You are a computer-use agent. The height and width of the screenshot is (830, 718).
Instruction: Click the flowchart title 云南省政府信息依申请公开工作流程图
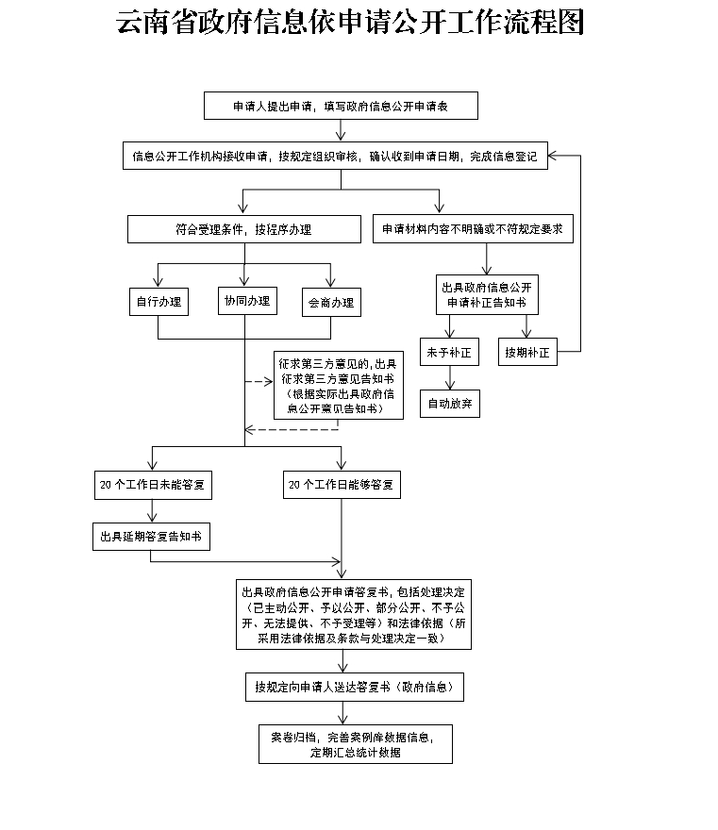pyautogui.click(x=350, y=23)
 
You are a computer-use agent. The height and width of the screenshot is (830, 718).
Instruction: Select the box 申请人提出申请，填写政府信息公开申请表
pyautogui.click(x=341, y=107)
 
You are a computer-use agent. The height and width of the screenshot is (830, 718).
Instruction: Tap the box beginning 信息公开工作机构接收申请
pyautogui.click(x=335, y=157)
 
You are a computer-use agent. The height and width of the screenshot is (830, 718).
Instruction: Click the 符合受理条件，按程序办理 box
pyautogui.click(x=244, y=229)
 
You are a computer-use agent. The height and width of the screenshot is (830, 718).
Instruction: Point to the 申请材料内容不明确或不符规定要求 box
pyautogui.click(x=474, y=229)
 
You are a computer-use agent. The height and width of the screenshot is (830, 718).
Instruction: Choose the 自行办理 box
pyautogui.click(x=158, y=302)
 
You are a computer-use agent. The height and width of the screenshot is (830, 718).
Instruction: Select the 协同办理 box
pyautogui.click(x=245, y=302)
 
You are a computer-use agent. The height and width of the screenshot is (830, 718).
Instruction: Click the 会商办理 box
pyautogui.click(x=330, y=302)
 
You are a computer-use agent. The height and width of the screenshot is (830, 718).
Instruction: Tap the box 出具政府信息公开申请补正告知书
pyautogui.click(x=486, y=294)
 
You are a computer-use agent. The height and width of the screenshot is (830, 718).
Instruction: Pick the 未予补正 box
pyautogui.click(x=448, y=353)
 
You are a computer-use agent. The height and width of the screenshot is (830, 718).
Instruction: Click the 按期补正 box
pyautogui.click(x=526, y=353)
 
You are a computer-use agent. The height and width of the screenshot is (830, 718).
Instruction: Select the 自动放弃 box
pyautogui.click(x=450, y=403)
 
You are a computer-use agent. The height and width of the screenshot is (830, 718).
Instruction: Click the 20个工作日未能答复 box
pyautogui.click(x=153, y=486)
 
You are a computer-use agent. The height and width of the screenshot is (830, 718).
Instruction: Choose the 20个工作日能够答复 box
pyautogui.click(x=342, y=486)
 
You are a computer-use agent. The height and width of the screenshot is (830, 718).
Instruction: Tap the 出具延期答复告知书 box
pyautogui.click(x=151, y=537)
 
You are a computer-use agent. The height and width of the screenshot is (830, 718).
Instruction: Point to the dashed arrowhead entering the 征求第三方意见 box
pyautogui.click(x=267, y=382)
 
